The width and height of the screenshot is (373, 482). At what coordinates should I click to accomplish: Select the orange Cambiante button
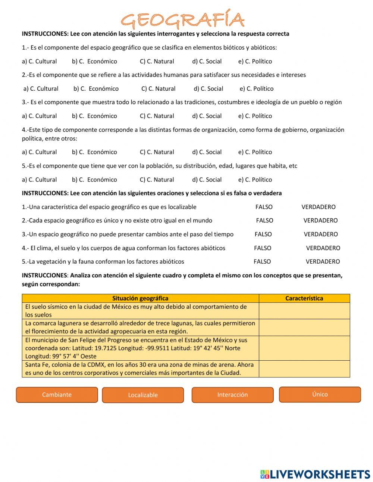(x=57, y=395)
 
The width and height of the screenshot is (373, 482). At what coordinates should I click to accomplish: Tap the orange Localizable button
(x=143, y=395)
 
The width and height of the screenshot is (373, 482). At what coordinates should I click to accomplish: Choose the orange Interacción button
(x=232, y=395)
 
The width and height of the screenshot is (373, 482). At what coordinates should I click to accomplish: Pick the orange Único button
(x=320, y=394)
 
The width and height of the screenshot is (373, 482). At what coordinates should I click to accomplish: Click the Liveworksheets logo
(x=315, y=474)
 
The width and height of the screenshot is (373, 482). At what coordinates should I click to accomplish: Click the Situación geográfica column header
(x=140, y=298)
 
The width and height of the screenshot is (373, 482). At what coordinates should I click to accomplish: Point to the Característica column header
(x=304, y=298)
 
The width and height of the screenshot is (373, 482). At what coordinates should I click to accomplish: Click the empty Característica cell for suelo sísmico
(x=304, y=311)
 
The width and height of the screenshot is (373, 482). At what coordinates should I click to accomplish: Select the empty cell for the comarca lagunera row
(x=304, y=327)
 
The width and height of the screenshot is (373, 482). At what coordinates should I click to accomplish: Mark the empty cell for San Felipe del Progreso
(x=304, y=348)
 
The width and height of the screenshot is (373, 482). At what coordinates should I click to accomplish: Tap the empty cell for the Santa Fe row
(x=304, y=369)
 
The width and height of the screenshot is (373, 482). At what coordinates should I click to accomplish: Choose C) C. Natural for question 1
(x=157, y=61)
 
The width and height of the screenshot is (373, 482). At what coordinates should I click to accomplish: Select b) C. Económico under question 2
(x=96, y=88)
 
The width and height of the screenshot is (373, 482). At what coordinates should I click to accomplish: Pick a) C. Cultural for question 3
(x=39, y=116)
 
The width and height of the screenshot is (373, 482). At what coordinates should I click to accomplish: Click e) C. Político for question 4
(x=255, y=152)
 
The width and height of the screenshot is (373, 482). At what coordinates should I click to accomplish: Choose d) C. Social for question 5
(x=207, y=180)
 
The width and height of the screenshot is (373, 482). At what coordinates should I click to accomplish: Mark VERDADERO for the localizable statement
(x=318, y=207)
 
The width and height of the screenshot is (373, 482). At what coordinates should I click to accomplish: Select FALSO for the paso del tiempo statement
(x=263, y=234)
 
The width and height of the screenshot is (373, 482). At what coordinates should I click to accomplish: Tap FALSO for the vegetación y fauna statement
(x=262, y=262)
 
